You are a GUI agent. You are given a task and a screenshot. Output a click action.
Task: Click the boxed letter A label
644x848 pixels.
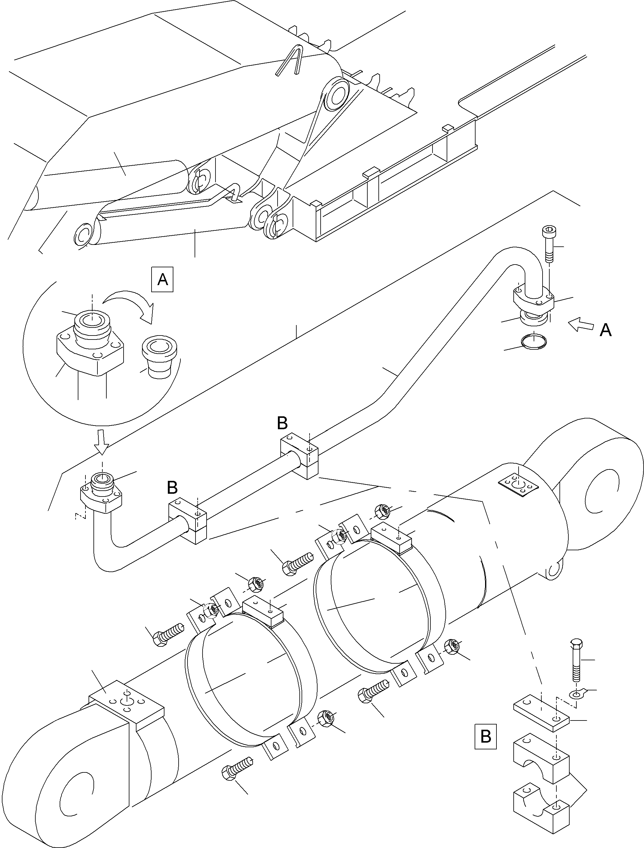click(x=163, y=280)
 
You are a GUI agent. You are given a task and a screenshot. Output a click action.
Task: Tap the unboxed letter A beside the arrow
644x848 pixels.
click(x=606, y=330)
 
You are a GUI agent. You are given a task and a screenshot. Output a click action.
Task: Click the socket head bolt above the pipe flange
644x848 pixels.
click(x=548, y=244)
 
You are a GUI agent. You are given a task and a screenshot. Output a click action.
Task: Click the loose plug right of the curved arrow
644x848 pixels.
click(x=161, y=358)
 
